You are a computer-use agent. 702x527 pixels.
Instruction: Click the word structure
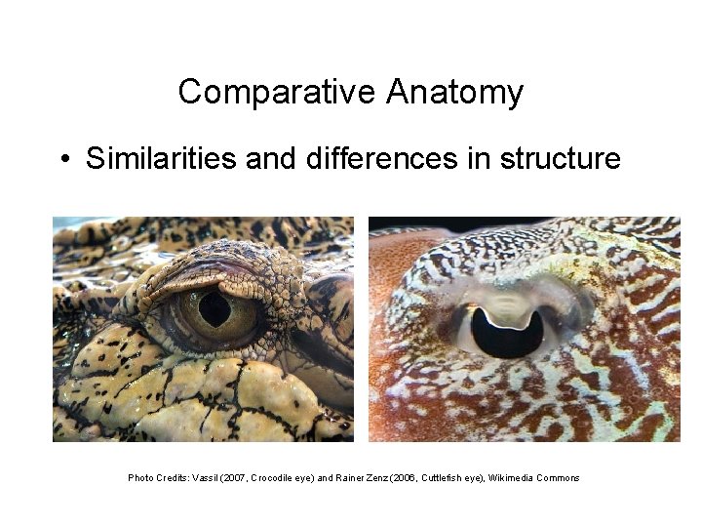(x=561, y=158)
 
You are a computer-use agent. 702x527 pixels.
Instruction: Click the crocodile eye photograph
(x=203, y=329)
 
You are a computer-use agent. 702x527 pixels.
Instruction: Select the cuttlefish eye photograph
(x=525, y=329)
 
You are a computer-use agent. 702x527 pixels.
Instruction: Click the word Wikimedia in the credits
(x=513, y=478)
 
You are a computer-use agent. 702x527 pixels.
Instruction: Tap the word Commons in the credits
(x=560, y=478)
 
